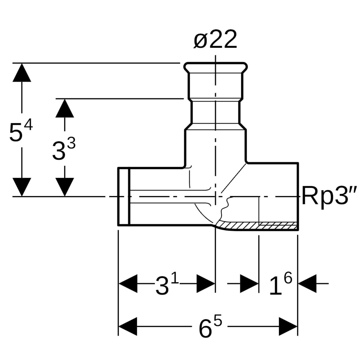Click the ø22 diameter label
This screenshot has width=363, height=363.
215,40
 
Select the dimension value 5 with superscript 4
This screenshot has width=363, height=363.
20,131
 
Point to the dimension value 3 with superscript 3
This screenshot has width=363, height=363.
64,149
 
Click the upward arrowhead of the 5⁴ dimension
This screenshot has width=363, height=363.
22,73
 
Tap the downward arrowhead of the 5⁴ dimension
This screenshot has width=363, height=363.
22,187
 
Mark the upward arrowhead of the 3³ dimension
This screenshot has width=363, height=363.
65,108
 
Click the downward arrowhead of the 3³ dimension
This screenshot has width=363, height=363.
65,187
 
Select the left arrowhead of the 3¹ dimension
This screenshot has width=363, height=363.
128,284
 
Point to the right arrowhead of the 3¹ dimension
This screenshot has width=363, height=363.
206,284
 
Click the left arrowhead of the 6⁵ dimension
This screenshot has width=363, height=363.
128,326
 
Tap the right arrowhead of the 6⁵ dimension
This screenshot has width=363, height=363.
288,326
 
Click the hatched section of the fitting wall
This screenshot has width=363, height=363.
259,225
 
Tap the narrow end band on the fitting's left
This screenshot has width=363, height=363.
123,196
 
